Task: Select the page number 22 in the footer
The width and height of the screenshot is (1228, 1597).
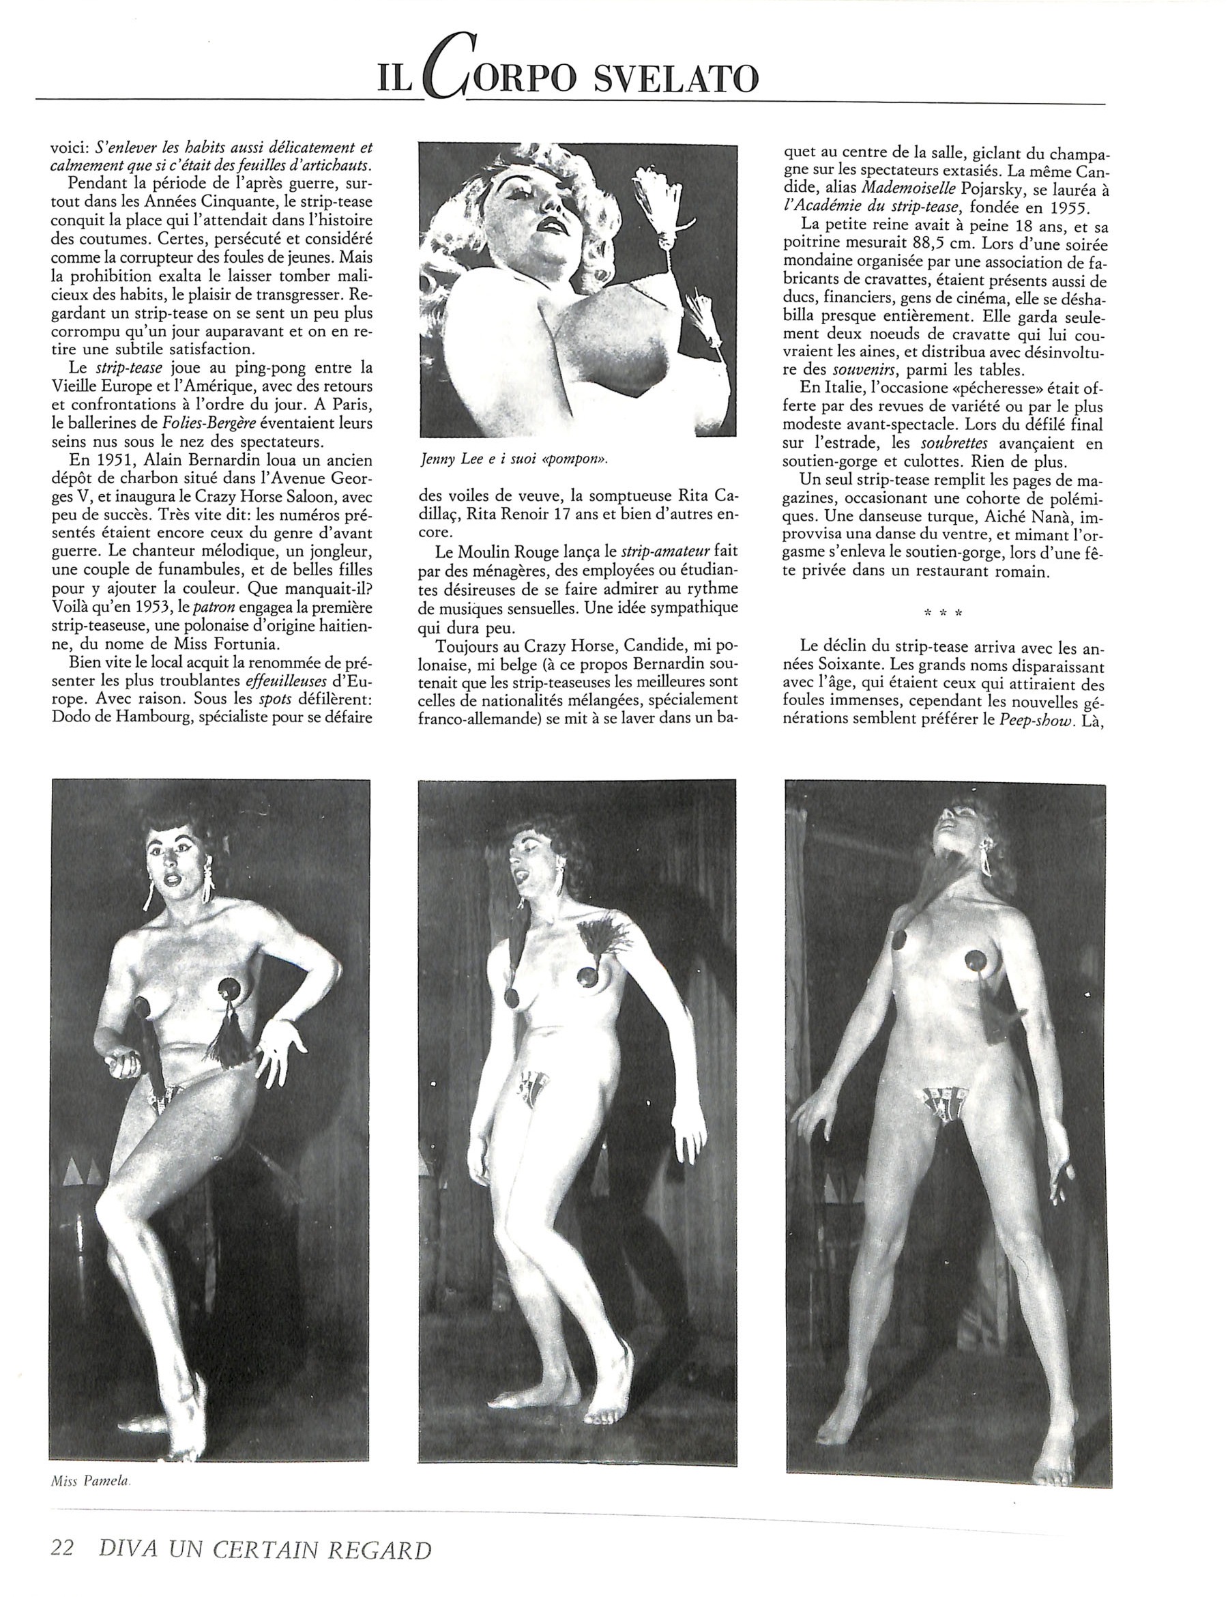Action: point(63,1568)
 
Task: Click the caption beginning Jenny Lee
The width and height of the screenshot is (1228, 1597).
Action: point(514,459)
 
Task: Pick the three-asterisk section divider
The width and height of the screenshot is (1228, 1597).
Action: point(943,613)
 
